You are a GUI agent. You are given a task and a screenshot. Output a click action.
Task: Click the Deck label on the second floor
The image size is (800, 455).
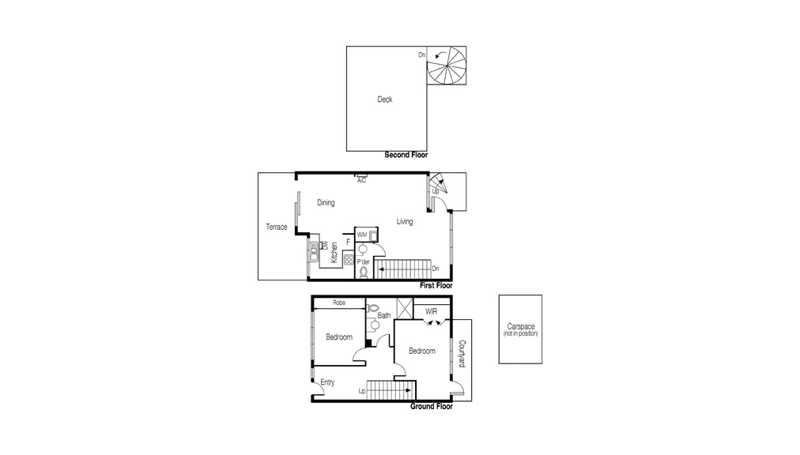point(384,100)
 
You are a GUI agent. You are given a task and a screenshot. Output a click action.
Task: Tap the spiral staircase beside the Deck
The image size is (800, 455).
point(447,66)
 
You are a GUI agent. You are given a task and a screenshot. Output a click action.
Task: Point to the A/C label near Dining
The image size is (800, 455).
point(361,181)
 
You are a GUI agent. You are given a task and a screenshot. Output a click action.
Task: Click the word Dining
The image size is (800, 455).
point(326,203)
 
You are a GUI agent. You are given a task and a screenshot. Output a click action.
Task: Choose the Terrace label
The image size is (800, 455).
point(276,227)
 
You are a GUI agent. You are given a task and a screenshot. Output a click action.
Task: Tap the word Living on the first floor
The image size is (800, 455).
point(405,222)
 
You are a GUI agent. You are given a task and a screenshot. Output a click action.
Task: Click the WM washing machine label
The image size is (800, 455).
point(361,235)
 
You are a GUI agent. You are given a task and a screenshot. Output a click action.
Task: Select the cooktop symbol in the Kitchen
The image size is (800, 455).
point(349,259)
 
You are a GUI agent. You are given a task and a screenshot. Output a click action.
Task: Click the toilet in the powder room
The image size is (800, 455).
point(364,273)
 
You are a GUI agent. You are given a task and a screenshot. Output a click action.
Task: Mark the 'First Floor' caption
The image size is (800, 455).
point(436,285)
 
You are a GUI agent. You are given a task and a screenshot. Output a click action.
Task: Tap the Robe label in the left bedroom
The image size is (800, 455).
point(339,303)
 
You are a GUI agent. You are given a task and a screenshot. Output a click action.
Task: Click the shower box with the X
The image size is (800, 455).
point(404,308)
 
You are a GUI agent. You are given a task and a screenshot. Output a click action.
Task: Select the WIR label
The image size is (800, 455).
point(432,311)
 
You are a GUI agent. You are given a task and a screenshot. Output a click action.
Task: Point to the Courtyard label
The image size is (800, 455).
point(462,354)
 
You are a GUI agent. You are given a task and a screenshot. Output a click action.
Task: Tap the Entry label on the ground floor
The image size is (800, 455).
point(327,382)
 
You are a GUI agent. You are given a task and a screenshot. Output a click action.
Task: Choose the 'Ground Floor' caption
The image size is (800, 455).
point(431,407)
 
